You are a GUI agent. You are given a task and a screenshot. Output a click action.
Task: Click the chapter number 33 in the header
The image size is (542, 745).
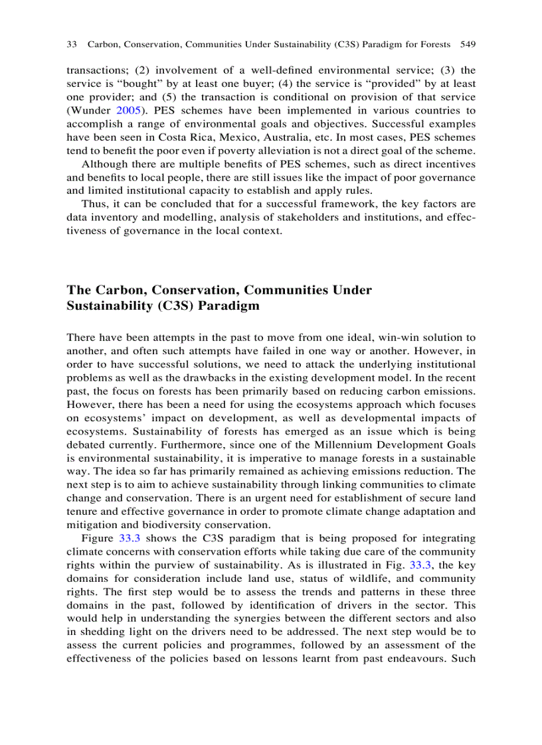[x=72, y=45]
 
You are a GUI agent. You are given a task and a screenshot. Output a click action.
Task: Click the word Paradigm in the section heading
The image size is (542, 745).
[x=229, y=306]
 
